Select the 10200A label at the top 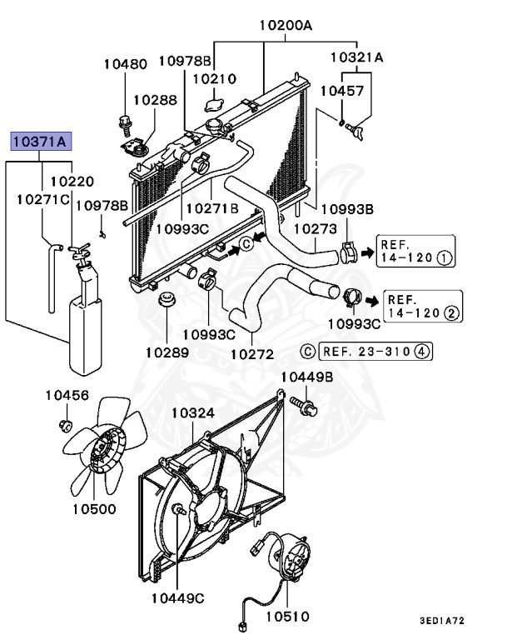[x=285, y=26]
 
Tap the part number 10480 [x=125, y=63]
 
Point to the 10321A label [x=356, y=57]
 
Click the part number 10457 [x=342, y=91]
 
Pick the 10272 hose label [x=252, y=353]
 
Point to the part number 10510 [x=287, y=617]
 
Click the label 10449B [x=306, y=377]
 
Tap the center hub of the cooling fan [x=104, y=452]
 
